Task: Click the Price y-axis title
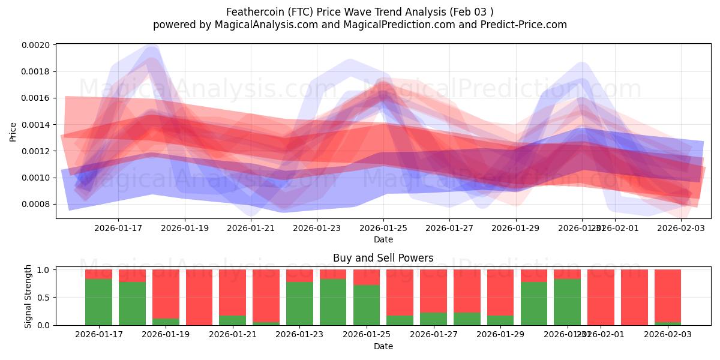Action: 13,132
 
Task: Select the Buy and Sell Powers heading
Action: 383,259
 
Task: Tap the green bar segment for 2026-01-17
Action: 98,302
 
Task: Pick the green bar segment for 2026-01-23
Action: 299,304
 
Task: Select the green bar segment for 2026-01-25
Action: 367,305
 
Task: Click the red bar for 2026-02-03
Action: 668,296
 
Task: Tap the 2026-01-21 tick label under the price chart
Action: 251,228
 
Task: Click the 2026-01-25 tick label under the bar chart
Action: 367,334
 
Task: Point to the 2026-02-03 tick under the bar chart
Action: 668,334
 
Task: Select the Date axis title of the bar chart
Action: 383,346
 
